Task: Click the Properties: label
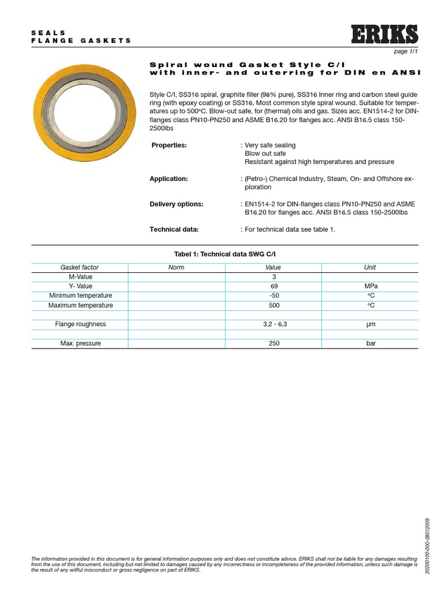169,145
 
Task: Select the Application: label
169,179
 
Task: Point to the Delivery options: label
176,204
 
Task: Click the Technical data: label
174,230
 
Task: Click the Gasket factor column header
80,268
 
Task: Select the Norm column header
176,268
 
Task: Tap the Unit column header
370,268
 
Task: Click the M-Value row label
80,277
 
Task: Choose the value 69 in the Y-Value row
274,287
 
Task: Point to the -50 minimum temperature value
274,296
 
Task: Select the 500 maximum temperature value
274,305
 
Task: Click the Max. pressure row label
80,343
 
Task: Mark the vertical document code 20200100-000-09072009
427,546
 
